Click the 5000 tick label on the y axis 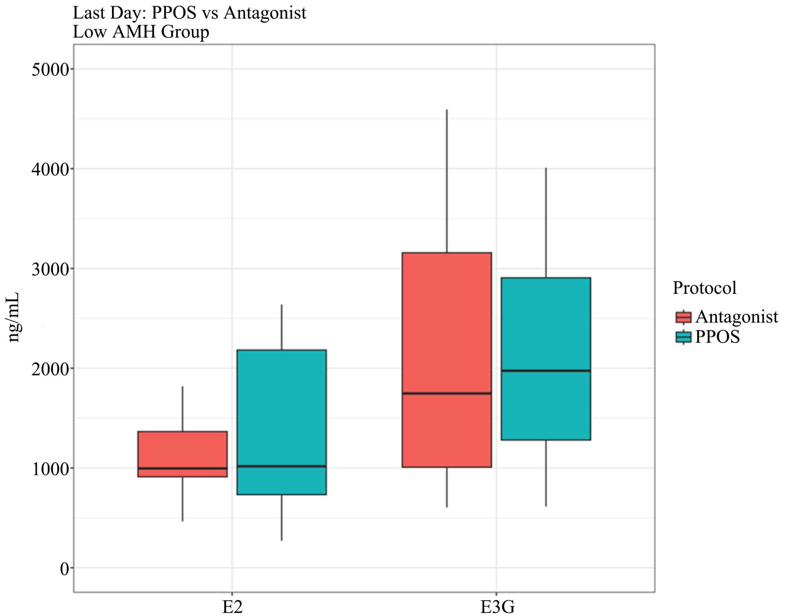pyautogui.click(x=50, y=70)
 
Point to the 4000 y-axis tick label pyautogui.click(x=50, y=170)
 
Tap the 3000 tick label pyautogui.click(x=50, y=269)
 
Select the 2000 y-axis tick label pyautogui.click(x=50, y=369)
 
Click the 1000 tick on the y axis pyautogui.click(x=50, y=469)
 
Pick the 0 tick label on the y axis pyautogui.click(x=64, y=569)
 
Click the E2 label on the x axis pyautogui.click(x=232, y=607)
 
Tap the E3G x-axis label pyautogui.click(x=497, y=607)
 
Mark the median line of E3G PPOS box pyautogui.click(x=545, y=371)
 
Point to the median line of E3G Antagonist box pyautogui.click(x=446, y=393)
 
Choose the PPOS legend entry pyautogui.click(x=717, y=337)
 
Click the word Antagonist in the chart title pyautogui.click(x=265, y=13)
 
